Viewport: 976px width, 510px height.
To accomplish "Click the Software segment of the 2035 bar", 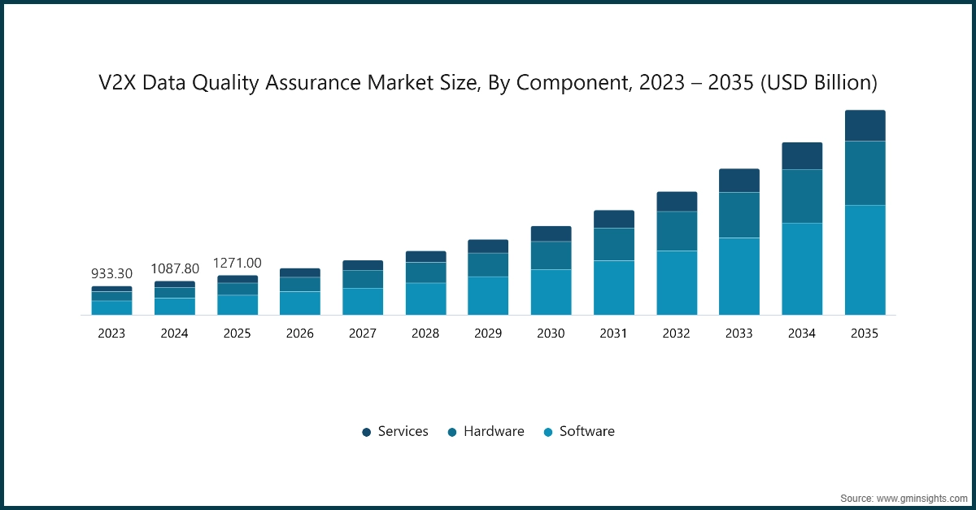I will tap(865, 259).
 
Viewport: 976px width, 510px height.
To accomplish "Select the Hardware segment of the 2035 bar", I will tap(865, 173).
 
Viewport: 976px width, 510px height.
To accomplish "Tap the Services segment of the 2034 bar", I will tap(802, 156).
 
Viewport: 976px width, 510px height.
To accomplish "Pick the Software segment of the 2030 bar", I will tap(551, 292).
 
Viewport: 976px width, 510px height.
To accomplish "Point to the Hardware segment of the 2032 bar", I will tap(677, 231).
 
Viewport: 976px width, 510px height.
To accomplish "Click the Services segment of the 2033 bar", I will tap(739, 181).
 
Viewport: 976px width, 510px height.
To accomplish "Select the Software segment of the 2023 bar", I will tap(111, 307).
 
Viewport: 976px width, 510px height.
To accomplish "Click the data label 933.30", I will tap(111, 274).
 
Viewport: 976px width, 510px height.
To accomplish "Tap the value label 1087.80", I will tap(175, 268).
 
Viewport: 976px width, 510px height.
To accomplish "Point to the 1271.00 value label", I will tap(237, 263).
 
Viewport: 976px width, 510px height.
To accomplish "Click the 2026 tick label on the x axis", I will tap(300, 333).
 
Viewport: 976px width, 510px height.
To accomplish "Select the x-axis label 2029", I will tap(488, 333).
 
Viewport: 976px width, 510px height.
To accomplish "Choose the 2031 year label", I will tap(613, 333).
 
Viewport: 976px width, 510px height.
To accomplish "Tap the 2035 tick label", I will tap(865, 333).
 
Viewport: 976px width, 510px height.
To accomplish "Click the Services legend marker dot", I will tap(367, 432).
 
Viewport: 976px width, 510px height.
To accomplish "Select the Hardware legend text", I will tap(494, 431).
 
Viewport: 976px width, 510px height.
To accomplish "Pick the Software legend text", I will tap(586, 431).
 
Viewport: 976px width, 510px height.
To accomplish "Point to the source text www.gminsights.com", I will tap(922, 497).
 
